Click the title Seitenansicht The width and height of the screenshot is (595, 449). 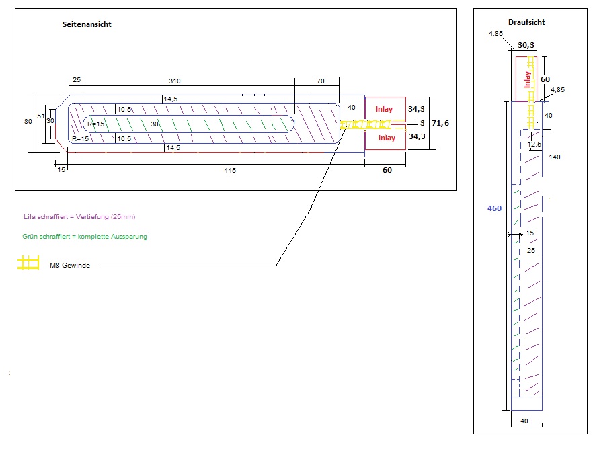click(86, 24)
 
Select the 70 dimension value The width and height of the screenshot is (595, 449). click(320, 81)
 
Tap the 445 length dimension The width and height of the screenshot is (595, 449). click(231, 170)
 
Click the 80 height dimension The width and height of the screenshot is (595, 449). click(28, 122)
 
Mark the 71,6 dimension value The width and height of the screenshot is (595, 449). click(440, 124)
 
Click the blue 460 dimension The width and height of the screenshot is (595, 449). click(494, 208)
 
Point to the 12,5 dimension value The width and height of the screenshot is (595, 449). click(535, 145)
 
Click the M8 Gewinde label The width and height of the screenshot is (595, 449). click(70, 266)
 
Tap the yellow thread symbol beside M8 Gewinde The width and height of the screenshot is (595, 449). click(28, 263)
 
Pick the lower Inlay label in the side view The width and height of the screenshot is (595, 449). click(386, 138)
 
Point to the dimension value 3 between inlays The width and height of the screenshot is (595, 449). click(422, 123)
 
